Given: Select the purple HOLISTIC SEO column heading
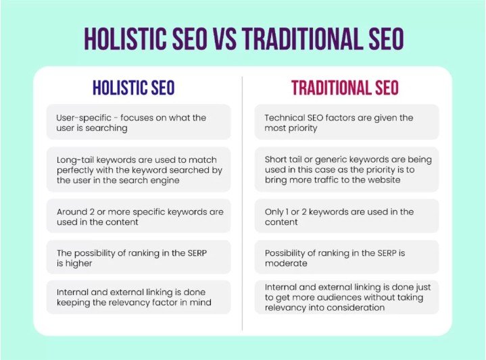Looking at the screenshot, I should click(134, 88).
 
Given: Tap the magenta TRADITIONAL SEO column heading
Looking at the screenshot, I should click(345, 88).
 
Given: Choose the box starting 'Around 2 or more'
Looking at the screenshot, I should click(138, 217).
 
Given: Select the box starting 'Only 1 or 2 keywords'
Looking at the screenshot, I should click(347, 217).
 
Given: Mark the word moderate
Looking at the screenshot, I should click(286, 264).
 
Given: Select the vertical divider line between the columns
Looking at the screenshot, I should click(242, 203).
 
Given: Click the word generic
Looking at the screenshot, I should click(324, 159).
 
